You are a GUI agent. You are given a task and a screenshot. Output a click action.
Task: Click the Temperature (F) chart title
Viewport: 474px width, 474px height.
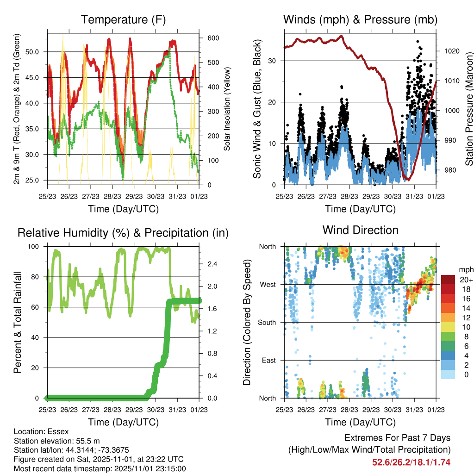(123, 19)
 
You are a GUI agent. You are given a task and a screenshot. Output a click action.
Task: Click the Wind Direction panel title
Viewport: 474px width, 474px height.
(360, 230)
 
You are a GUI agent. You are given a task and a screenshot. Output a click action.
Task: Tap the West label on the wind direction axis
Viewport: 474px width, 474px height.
(268, 285)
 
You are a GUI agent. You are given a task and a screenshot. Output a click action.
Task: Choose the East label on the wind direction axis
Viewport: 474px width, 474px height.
(268, 360)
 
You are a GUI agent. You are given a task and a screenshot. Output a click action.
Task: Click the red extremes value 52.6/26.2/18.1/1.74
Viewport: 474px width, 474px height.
(411, 462)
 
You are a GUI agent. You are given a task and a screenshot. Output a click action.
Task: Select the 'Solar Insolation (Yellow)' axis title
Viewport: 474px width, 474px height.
(227, 109)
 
